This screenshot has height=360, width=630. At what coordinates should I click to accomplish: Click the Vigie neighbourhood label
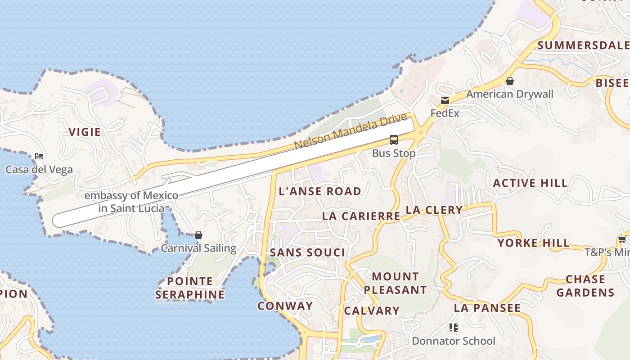(85, 132)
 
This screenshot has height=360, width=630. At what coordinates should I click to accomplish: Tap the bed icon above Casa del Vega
(39, 157)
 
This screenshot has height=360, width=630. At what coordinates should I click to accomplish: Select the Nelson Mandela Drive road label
(351, 131)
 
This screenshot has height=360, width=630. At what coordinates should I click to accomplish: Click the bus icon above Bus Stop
(394, 140)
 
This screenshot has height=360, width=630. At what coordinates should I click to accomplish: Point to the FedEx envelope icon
(445, 100)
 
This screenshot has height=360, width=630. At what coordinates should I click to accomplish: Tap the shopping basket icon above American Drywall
(510, 81)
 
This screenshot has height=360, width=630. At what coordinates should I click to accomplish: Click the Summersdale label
(583, 45)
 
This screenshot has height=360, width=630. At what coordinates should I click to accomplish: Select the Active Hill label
(530, 183)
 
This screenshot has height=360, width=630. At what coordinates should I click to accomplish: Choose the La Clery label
(434, 210)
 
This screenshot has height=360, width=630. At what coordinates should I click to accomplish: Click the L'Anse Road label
(320, 191)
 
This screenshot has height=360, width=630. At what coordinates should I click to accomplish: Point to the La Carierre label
(361, 216)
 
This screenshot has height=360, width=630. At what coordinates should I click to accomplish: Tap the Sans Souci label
(307, 252)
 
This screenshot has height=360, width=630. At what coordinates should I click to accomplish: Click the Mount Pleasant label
(395, 283)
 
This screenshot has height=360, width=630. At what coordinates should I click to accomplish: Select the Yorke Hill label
(533, 243)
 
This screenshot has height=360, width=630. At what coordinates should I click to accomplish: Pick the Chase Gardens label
(585, 286)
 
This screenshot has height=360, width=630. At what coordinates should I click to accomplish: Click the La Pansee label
(487, 308)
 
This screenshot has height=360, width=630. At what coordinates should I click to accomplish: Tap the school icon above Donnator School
(453, 328)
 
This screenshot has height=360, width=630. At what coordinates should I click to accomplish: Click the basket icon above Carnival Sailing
(198, 235)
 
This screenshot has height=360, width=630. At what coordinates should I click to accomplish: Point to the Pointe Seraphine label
(189, 288)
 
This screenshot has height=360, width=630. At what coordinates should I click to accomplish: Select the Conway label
(285, 306)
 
